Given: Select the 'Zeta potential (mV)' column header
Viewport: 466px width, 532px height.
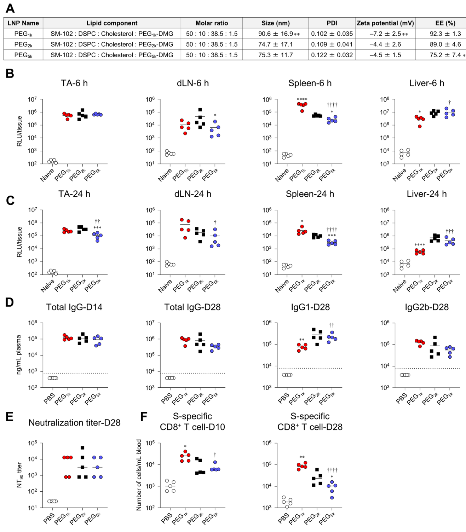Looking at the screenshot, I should coord(385,23).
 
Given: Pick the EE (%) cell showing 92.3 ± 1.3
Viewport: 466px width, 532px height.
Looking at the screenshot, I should coord(440,34).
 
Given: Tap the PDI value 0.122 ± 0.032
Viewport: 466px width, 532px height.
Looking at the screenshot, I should coord(332,55).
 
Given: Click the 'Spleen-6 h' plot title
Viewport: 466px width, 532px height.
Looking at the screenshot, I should coord(310,83).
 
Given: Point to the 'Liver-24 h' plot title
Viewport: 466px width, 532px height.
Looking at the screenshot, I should coord(427,194).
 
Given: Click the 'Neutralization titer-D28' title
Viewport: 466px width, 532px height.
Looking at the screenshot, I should coord(74,423).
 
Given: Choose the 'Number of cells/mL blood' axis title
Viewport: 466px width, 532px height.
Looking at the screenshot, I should coord(139,475).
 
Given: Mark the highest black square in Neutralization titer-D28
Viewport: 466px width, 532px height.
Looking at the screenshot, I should coord(83,448).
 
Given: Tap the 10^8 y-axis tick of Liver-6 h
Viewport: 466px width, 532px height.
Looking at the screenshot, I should coord(385,99).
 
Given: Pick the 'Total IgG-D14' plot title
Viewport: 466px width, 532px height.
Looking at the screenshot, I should coord(74,307).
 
